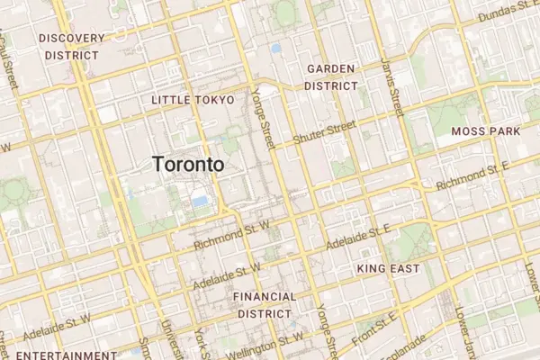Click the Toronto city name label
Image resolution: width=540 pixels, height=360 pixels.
click(x=188, y=165)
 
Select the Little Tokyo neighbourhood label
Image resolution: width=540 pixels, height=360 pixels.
click(x=193, y=99)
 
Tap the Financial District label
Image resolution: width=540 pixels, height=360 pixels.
click(x=264, y=304)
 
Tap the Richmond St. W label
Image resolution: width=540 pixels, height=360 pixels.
click(x=231, y=233)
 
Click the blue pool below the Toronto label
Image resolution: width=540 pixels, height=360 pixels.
click(x=199, y=202)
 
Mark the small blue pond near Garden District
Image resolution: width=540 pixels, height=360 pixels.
click(x=275, y=48)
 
